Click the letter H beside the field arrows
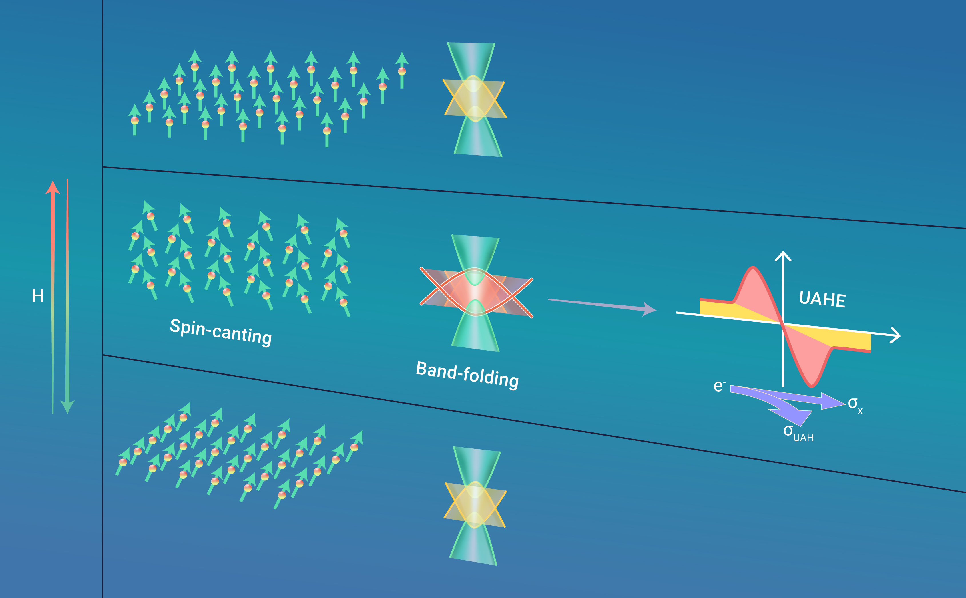tap(37, 296)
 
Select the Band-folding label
tap(468, 375)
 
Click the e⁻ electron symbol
tap(719, 386)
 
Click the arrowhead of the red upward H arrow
tap(53, 188)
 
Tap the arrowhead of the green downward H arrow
tap(67, 407)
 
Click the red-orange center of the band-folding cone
tap(475, 293)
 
